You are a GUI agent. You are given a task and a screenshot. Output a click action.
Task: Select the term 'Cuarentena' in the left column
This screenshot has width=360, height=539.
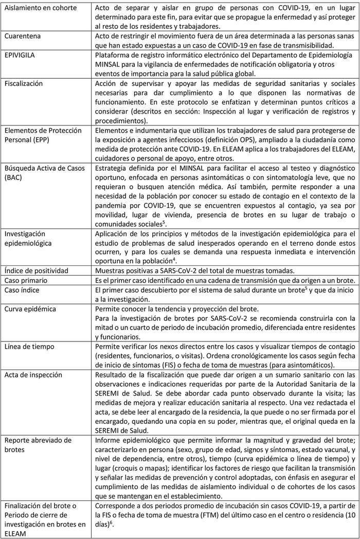pos(24,37)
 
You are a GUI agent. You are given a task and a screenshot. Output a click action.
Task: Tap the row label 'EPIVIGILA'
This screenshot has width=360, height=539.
pos(22,55)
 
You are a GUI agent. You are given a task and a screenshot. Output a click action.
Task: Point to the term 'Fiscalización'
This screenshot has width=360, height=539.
pos(25,83)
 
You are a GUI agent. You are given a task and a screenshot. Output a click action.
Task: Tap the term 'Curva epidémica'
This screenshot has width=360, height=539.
pos(30,309)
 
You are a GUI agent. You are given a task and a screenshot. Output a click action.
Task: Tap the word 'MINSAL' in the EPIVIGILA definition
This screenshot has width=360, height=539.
pos(111,64)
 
